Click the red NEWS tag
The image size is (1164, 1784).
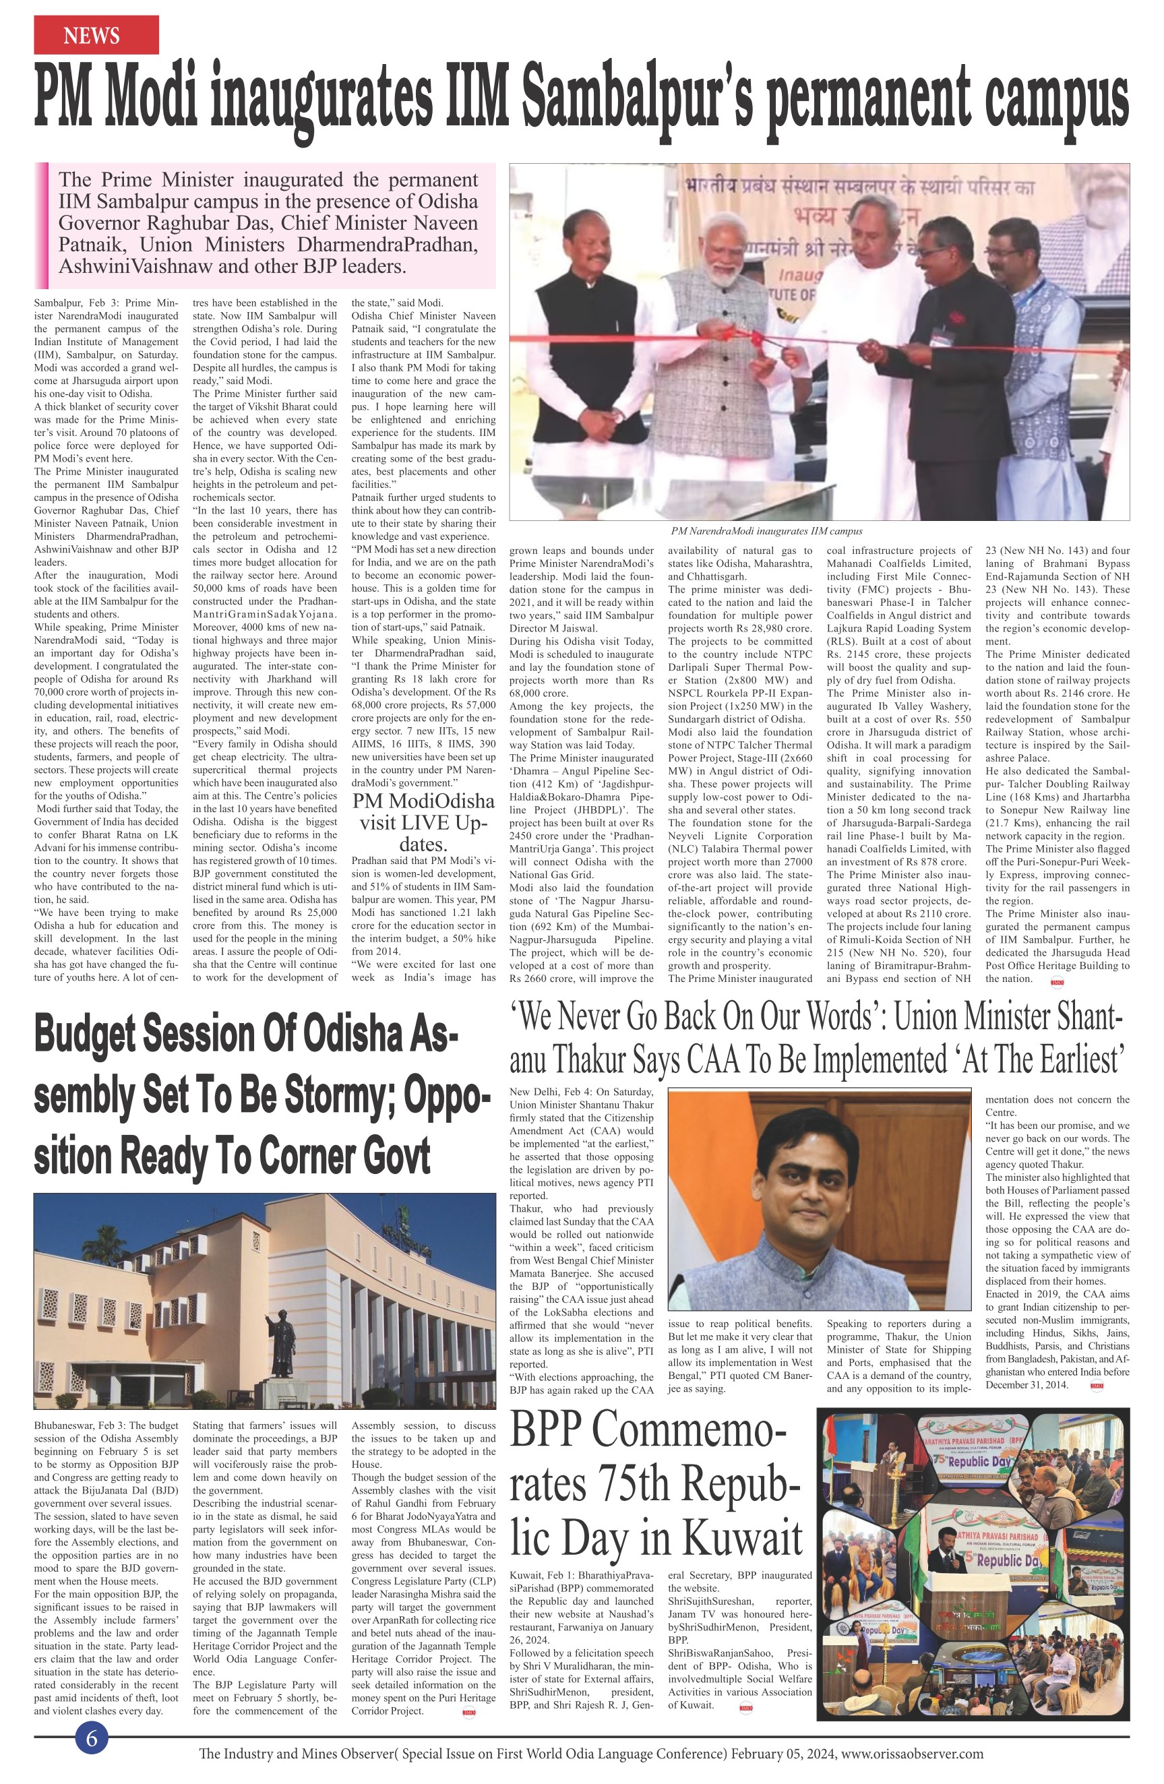95,35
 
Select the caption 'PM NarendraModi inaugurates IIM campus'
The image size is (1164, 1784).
766,530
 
